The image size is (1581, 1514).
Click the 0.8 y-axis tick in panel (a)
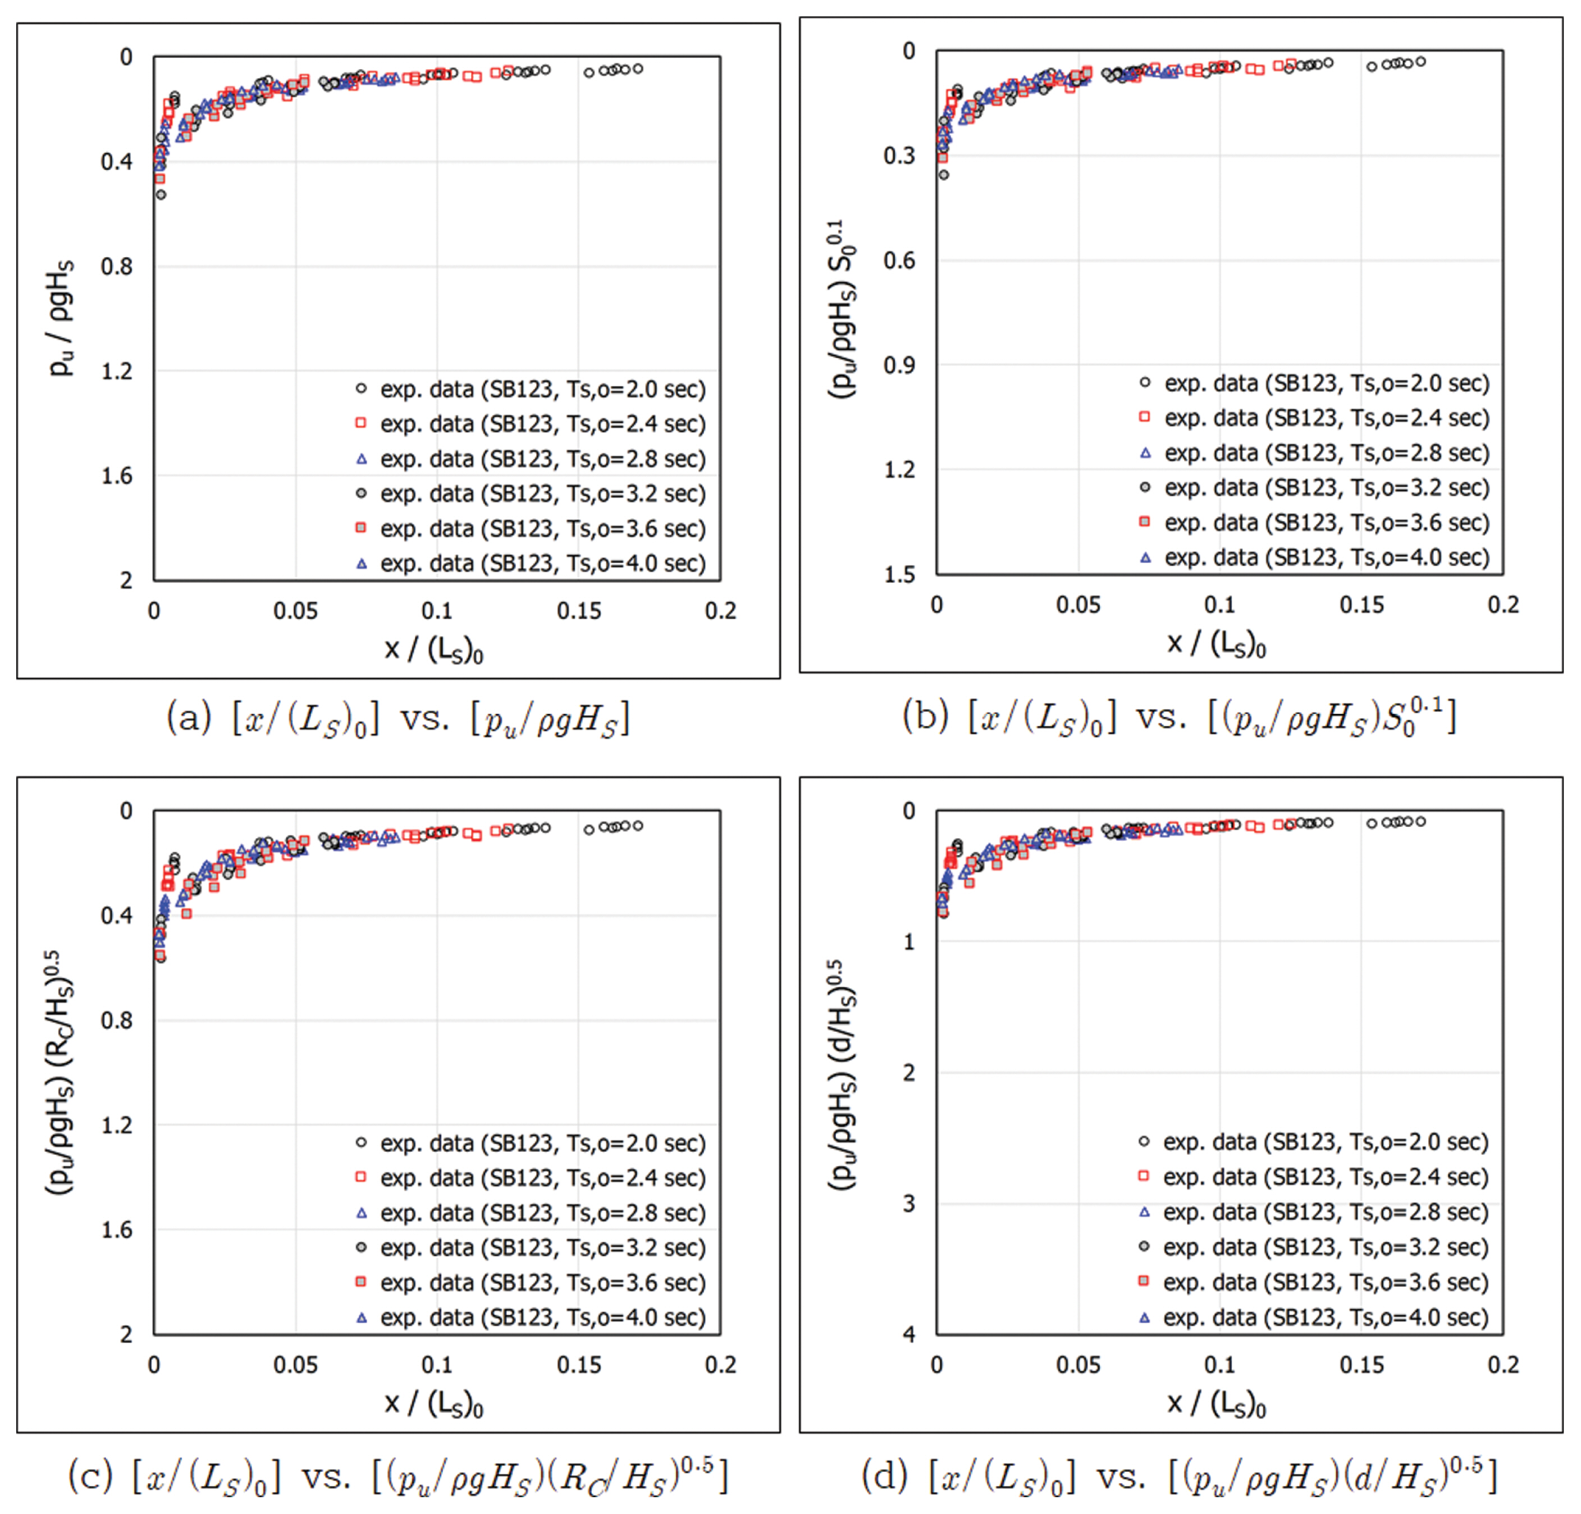(x=117, y=266)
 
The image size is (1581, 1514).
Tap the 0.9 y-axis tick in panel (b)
(x=899, y=365)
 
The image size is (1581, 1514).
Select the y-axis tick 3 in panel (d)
(x=909, y=1204)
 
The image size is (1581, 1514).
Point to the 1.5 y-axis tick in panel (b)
(x=899, y=574)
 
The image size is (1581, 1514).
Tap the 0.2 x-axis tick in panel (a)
(x=720, y=611)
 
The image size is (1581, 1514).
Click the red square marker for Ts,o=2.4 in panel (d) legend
(x=1144, y=1176)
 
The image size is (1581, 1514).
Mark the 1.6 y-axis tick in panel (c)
(x=117, y=1230)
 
